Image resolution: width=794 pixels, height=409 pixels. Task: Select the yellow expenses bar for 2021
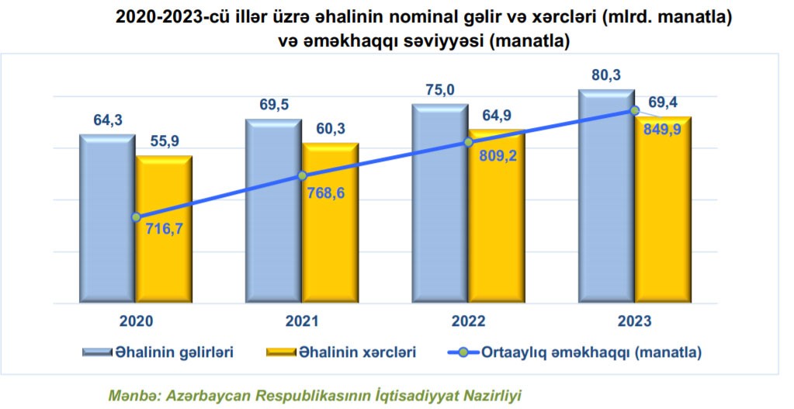pyautogui.click(x=331, y=233)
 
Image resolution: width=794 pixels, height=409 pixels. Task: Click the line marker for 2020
pyautogui.click(x=137, y=217)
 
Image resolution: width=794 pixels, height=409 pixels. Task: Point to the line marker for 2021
pyautogui.click(x=303, y=176)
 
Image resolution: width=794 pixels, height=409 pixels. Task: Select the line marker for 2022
pyautogui.click(x=468, y=142)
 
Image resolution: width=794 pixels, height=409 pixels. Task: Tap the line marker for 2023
pyautogui.click(x=635, y=110)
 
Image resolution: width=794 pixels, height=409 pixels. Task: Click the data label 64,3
pyautogui.click(x=108, y=120)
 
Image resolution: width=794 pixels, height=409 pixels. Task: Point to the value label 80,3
pyautogui.click(x=607, y=75)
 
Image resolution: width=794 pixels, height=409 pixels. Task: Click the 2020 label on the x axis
pyautogui.click(x=137, y=321)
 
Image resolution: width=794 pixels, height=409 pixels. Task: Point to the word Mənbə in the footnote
pyautogui.click(x=131, y=395)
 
